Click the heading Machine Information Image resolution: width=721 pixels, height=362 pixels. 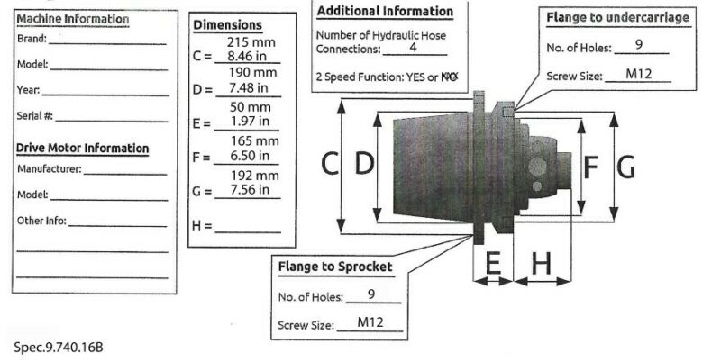coord(73,19)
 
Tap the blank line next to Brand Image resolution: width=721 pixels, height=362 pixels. coord(107,44)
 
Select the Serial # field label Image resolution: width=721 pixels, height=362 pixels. coord(35,116)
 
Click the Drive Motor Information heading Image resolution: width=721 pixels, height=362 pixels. coord(83,149)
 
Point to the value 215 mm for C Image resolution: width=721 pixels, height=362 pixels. coord(251,42)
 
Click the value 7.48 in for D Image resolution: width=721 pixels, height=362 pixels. coord(249,87)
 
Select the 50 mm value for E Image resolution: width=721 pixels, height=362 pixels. coord(251,107)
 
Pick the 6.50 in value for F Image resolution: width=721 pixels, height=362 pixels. coord(250,156)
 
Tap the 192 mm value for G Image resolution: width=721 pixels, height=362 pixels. coord(255,176)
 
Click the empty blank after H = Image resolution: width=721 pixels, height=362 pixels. coord(248,232)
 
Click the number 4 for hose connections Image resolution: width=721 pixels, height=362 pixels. coord(413,47)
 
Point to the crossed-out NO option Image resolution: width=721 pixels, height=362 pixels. coord(449,77)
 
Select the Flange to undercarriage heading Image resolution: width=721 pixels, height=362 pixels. coord(618,17)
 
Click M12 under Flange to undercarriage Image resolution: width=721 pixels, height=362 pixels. coord(639,74)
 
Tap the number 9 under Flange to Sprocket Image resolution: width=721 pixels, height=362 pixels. coord(371,294)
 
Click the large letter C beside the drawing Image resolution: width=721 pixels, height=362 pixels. coord(330,164)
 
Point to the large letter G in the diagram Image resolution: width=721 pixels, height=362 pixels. coord(625,167)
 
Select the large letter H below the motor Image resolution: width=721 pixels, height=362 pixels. coord(542,263)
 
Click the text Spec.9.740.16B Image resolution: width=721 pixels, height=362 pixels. coord(59,347)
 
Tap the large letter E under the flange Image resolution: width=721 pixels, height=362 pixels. coord(493,263)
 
